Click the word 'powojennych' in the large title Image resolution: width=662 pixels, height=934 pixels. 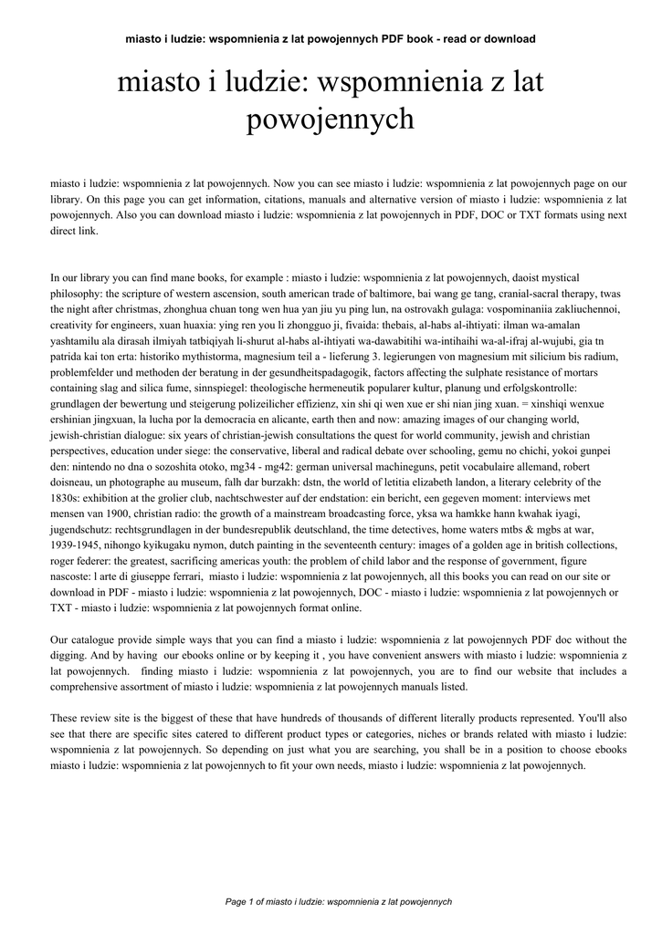331,119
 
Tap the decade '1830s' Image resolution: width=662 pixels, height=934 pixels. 65,498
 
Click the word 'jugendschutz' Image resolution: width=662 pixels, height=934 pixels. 81,530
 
